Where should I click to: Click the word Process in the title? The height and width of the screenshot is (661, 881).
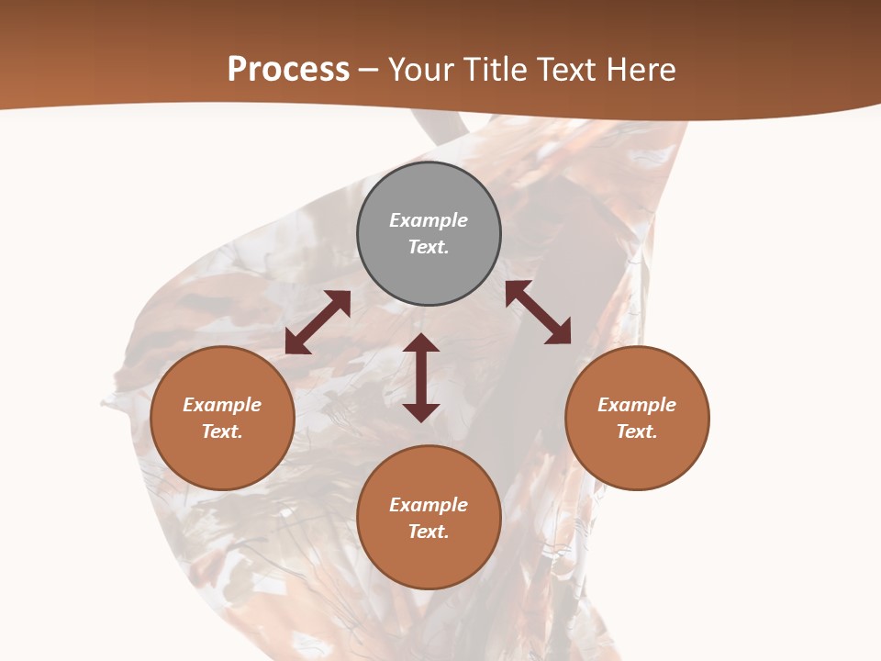(288, 70)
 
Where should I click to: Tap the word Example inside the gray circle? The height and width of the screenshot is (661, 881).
(429, 220)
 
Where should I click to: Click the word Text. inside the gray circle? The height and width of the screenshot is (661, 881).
(429, 247)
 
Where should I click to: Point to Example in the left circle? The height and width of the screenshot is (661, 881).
(222, 405)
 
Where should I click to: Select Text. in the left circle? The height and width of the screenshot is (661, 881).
(222, 431)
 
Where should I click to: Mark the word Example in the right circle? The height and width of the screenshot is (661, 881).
(637, 405)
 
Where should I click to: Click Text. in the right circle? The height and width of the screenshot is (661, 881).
(637, 431)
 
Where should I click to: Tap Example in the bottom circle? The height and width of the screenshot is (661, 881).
(429, 505)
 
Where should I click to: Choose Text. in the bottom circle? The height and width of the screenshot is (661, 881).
(429, 532)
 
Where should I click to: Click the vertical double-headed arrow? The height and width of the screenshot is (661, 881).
(421, 377)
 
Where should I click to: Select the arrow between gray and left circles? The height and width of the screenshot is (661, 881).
(318, 322)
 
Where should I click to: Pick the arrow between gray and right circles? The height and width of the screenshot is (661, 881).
(538, 312)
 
